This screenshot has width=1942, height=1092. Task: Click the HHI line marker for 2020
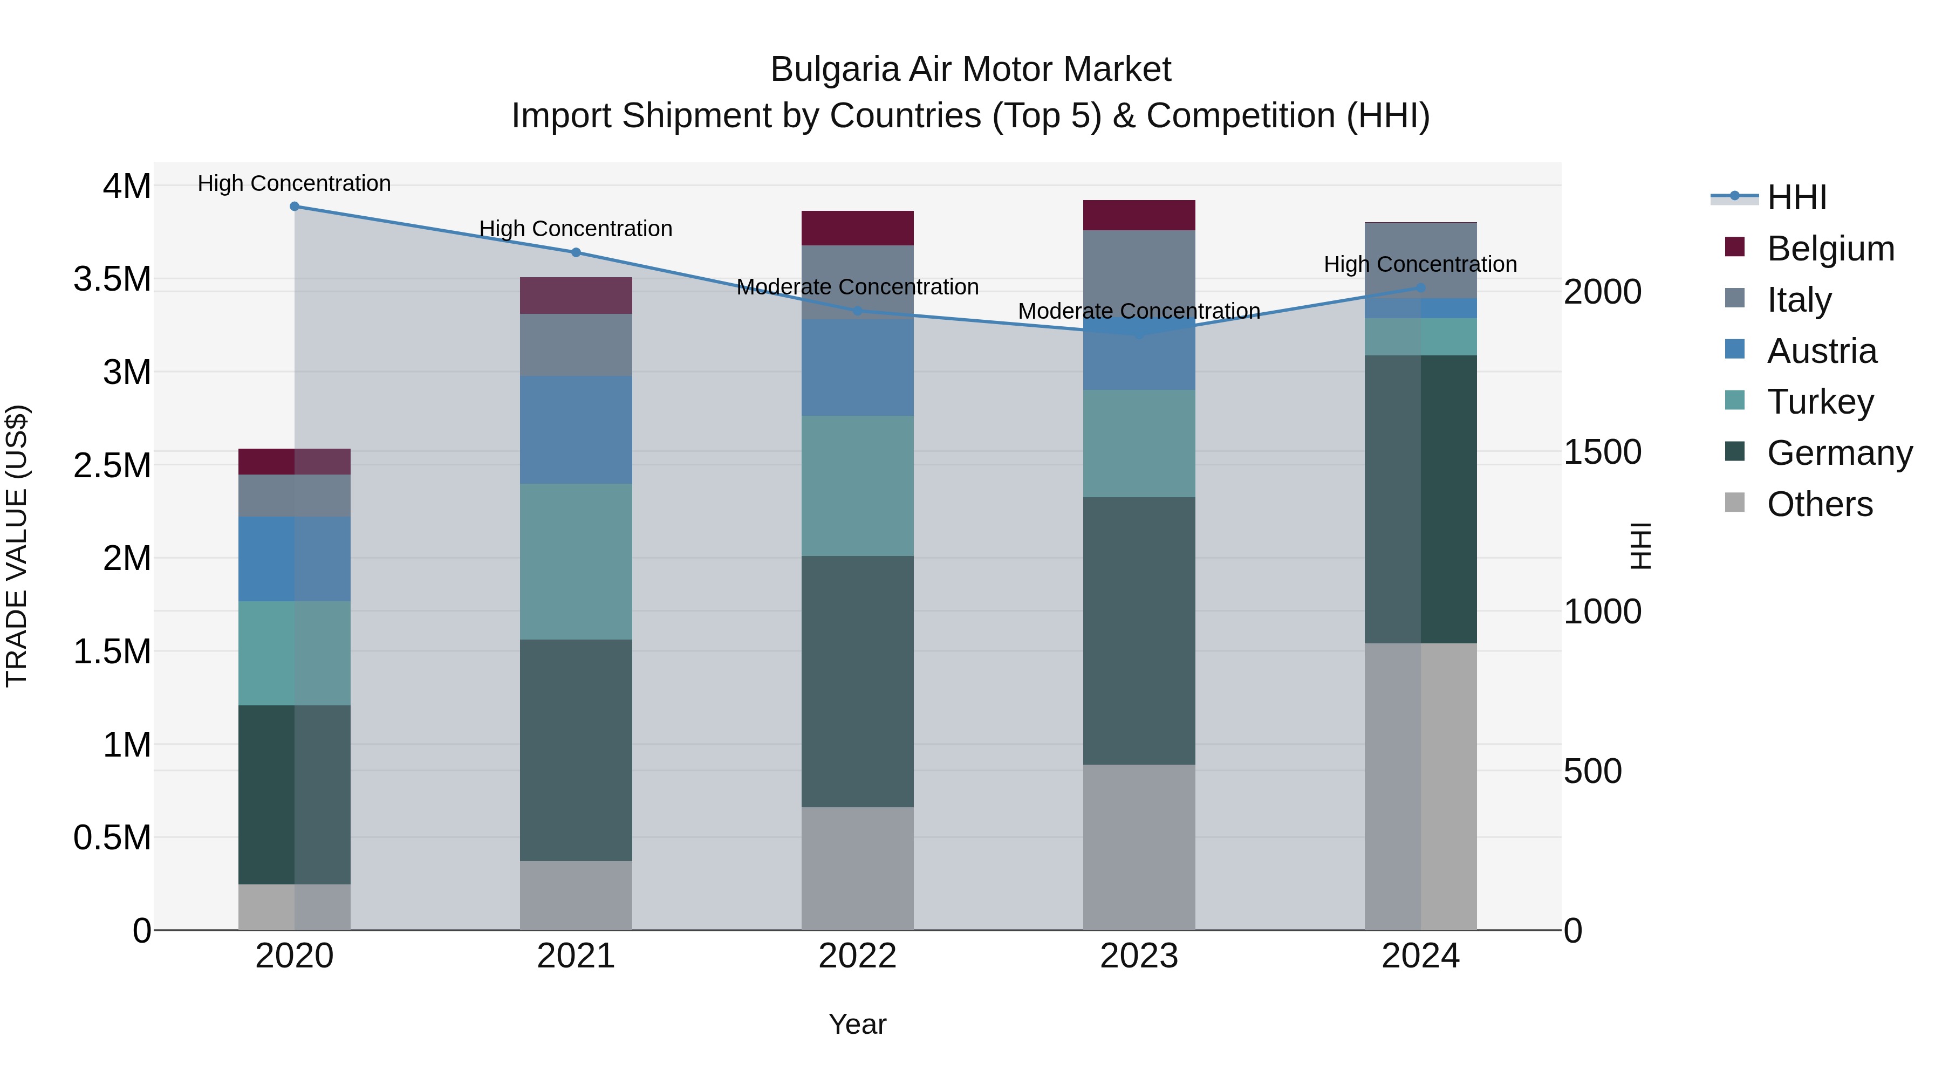[x=295, y=206]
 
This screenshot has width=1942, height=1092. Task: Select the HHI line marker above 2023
[x=1139, y=334]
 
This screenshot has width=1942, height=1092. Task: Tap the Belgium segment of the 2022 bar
[x=857, y=228]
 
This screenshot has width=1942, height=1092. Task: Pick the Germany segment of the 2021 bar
[x=576, y=750]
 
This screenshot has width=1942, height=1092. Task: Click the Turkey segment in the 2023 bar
[x=1139, y=443]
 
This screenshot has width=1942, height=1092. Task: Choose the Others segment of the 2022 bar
[x=857, y=868]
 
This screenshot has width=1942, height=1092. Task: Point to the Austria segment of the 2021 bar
[x=576, y=430]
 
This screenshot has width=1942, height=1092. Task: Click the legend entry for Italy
[x=1799, y=300]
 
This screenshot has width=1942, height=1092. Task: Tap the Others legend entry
[x=1819, y=504]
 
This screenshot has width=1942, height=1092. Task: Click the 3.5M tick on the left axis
[x=112, y=279]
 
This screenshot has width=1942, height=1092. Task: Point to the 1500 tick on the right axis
[x=1602, y=452]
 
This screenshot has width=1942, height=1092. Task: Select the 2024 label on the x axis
[x=1420, y=956]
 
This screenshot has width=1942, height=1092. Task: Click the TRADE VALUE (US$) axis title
[x=17, y=546]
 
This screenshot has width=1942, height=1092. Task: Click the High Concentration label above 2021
[x=576, y=228]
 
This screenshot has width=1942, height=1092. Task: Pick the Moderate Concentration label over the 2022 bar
[x=857, y=287]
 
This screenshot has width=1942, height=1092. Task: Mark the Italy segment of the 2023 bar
[x=1139, y=271]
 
